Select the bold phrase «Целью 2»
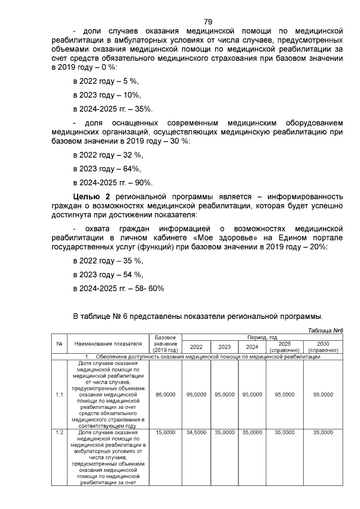93,196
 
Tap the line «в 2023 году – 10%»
106,95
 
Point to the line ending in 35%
112,109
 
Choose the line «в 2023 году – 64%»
107,168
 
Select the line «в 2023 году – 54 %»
108,274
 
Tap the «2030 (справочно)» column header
323,346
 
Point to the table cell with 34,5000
196,432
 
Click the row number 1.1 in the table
59,394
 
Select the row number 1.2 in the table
59,432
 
